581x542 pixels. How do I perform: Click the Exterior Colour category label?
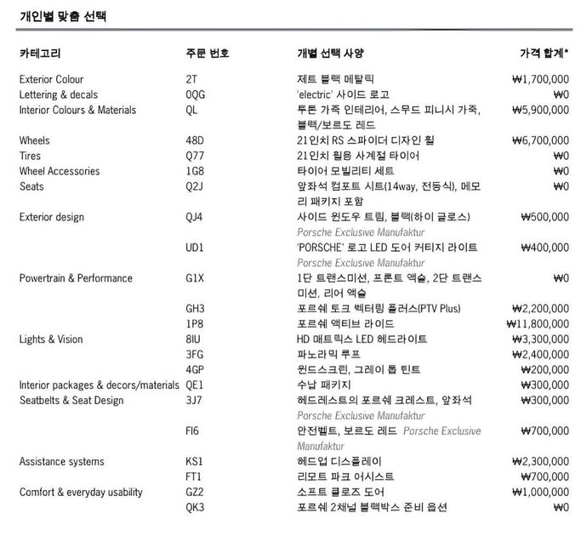tap(51, 79)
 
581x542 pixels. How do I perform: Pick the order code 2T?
tap(191, 79)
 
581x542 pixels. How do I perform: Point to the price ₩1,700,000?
tap(540, 79)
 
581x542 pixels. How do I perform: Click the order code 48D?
tap(195, 140)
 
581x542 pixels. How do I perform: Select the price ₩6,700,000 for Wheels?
tap(540, 140)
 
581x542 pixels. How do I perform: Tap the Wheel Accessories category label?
tap(59, 171)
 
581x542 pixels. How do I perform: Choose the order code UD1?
tap(195, 248)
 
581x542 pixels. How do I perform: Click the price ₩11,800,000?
tap(537, 324)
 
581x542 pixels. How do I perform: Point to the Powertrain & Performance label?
tap(76, 278)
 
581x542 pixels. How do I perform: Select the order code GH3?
tap(196, 309)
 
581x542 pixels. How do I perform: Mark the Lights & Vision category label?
tap(51, 339)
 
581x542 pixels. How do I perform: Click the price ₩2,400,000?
tap(540, 355)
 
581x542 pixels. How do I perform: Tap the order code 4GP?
tap(196, 370)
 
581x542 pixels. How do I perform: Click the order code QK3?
tap(196, 508)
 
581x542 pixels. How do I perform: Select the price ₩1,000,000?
tap(540, 493)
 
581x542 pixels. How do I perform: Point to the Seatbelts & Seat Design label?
tap(71, 401)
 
